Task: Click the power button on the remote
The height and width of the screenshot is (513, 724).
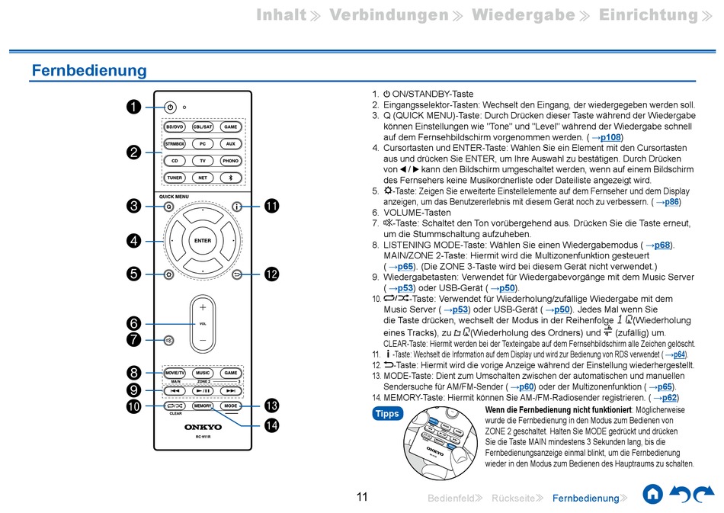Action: tap(170, 107)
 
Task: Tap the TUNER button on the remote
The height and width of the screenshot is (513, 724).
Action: tap(175, 178)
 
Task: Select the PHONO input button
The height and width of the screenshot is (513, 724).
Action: tap(230, 161)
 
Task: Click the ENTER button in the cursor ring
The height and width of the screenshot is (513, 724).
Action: tap(203, 241)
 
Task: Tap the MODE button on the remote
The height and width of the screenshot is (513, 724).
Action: tap(230, 406)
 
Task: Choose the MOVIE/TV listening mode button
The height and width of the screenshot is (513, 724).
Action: tap(175, 373)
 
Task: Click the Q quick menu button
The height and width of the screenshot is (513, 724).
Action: tap(168, 207)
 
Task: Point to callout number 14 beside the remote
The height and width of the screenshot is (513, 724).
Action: tap(272, 425)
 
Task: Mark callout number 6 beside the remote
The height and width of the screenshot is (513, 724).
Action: tap(133, 322)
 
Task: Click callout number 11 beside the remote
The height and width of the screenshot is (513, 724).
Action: tap(272, 206)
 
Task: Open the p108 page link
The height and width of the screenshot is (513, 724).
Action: tap(611, 137)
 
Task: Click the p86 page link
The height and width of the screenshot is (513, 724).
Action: tap(671, 202)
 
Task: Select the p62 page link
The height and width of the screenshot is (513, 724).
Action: tap(668, 397)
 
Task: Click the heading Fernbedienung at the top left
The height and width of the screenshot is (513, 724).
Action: tap(89, 71)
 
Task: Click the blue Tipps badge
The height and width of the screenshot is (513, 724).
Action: tap(387, 414)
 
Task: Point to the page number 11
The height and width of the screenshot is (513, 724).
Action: tap(362, 497)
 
